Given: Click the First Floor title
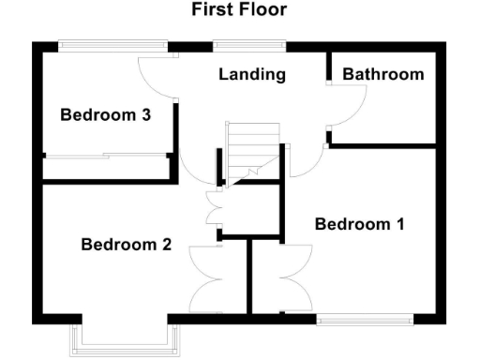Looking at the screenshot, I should click(239, 10).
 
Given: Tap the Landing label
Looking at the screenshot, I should click(251, 74).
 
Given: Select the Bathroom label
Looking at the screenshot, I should click(382, 74).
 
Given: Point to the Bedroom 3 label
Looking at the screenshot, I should click(106, 115).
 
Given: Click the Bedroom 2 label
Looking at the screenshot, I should click(126, 245).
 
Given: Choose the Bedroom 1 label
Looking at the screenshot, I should click(359, 224).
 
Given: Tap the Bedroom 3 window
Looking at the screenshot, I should click(112, 45).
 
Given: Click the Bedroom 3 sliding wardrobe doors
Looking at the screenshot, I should click(106, 157).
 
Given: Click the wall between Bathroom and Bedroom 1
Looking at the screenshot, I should click(384, 145).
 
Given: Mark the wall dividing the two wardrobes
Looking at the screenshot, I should click(250, 277).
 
